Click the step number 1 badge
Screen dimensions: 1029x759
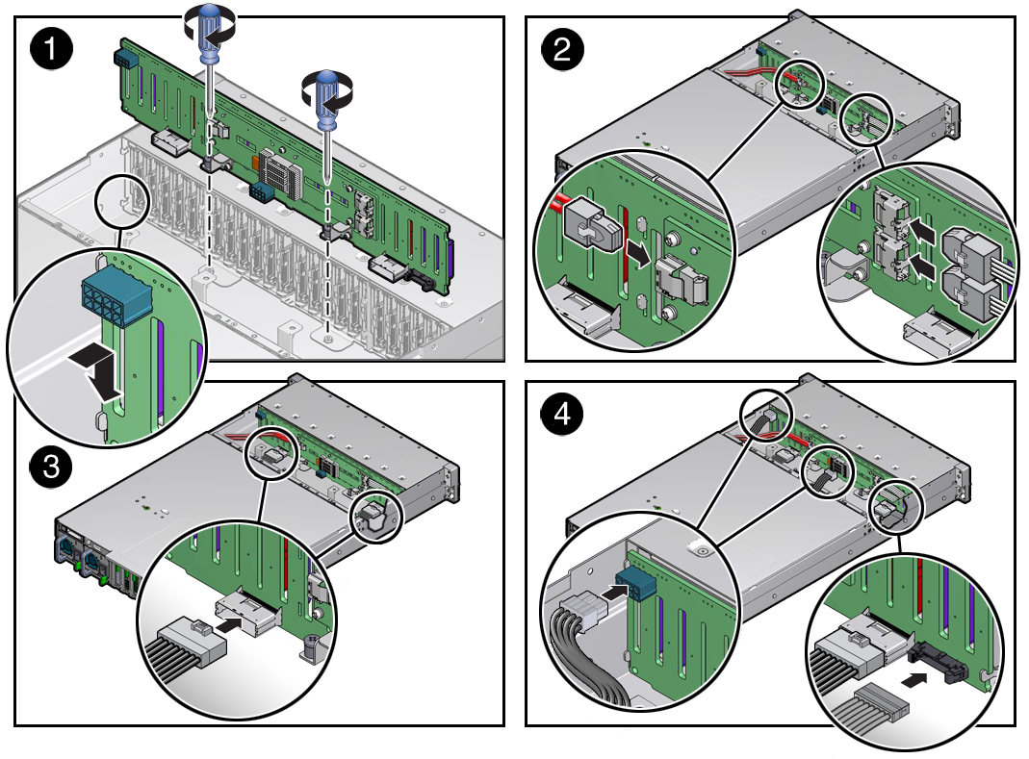pyautogui.click(x=51, y=48)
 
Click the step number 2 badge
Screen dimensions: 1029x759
pyautogui.click(x=562, y=48)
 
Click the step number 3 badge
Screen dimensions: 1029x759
pyautogui.click(x=51, y=468)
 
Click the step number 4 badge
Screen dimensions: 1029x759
pyautogui.click(x=562, y=414)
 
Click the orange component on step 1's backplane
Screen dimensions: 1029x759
pyautogui.click(x=255, y=162)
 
